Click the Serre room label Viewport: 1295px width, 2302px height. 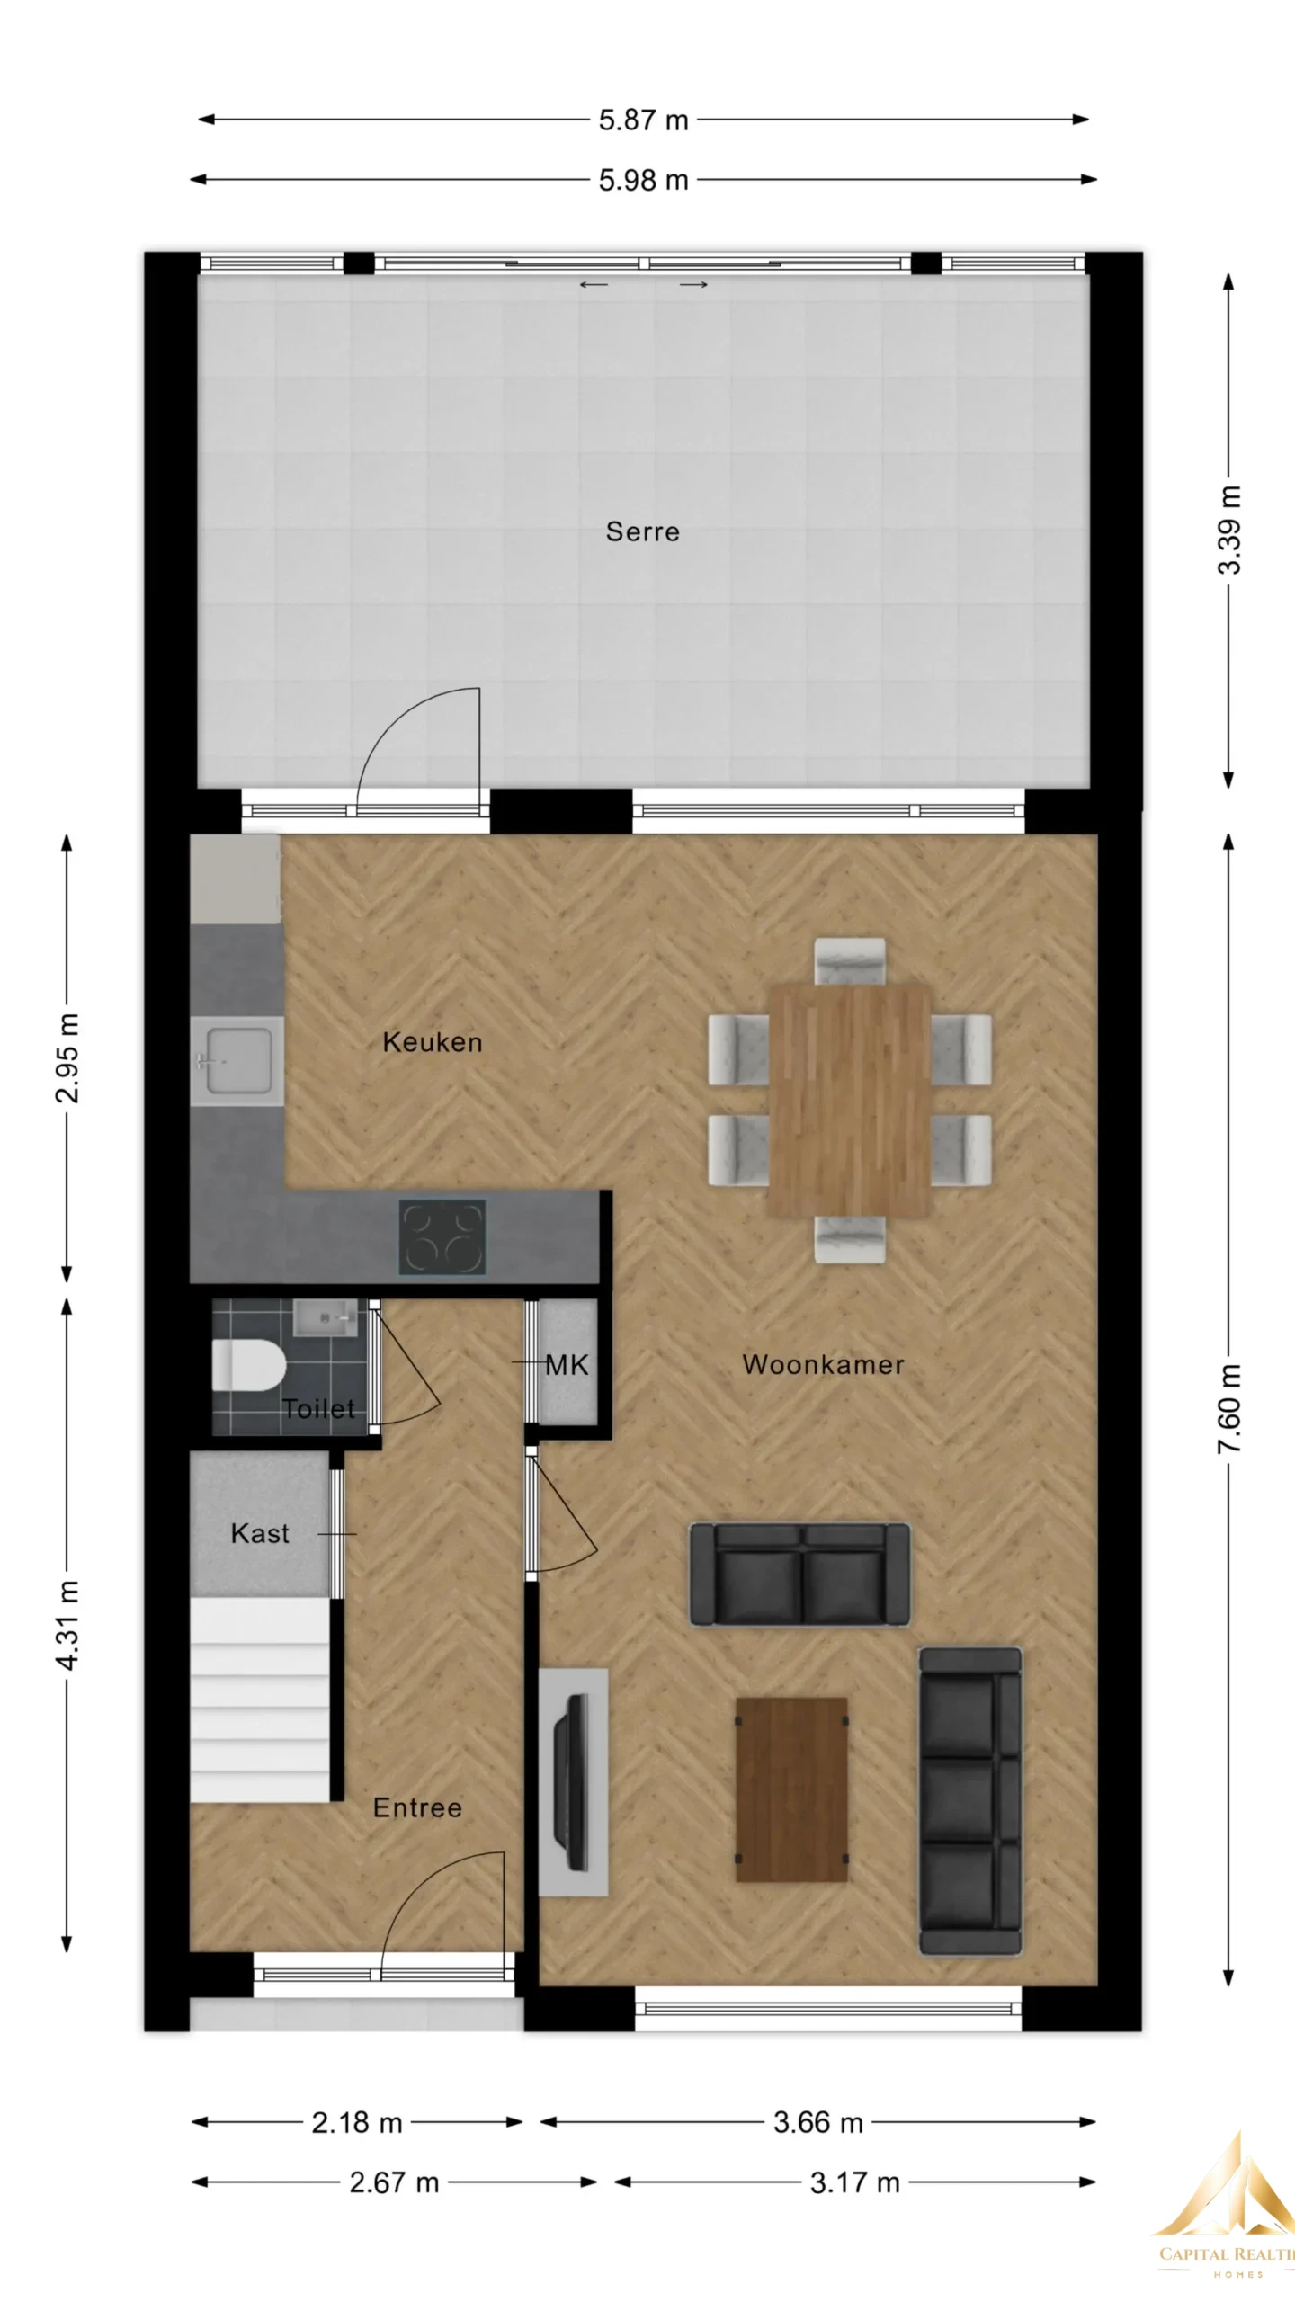click(x=642, y=531)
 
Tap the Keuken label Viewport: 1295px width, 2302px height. click(x=433, y=1042)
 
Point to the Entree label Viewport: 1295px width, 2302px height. click(x=417, y=1807)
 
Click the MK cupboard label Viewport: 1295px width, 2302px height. click(x=567, y=1365)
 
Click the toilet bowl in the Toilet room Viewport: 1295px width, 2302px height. click(x=247, y=1368)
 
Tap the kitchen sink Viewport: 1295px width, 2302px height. click(x=237, y=1062)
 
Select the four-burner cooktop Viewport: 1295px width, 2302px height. click(x=442, y=1237)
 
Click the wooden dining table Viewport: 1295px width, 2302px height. click(x=849, y=1100)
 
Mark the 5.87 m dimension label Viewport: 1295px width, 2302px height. click(x=644, y=120)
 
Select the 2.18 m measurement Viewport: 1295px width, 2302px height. click(x=357, y=2123)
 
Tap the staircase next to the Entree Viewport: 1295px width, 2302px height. click(x=260, y=1700)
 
